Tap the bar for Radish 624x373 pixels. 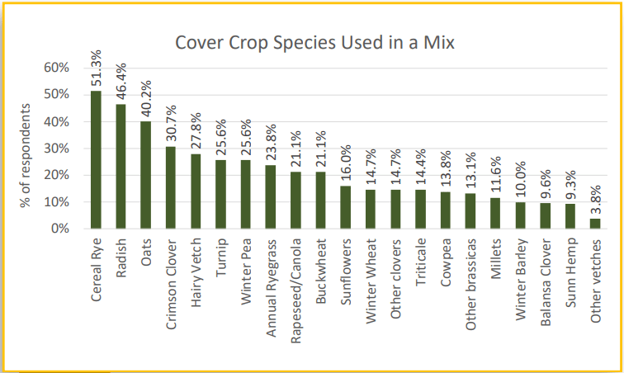(121, 166)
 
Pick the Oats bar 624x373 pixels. (145, 174)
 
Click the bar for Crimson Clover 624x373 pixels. (171, 187)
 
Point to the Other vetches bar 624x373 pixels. (595, 223)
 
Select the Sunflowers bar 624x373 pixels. (345, 207)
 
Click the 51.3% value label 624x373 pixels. (96, 70)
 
